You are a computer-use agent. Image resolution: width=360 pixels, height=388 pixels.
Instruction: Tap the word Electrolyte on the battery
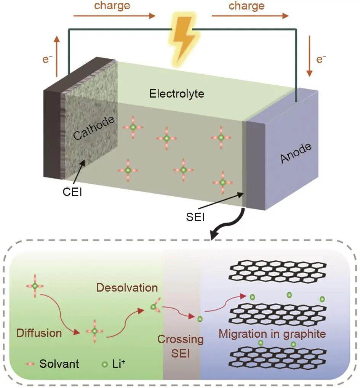tap(176, 93)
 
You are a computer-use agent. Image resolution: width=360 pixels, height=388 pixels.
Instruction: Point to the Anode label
tap(296, 153)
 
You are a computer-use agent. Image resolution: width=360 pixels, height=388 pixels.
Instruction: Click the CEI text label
tap(72, 192)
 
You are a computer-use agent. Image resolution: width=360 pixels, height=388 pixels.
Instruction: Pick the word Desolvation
tap(127, 287)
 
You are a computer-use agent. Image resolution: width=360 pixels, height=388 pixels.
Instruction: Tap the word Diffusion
tap(39, 333)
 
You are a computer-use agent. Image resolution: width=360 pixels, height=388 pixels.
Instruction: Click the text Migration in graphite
tap(272, 334)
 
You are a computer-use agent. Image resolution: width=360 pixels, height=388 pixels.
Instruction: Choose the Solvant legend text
tap(59, 364)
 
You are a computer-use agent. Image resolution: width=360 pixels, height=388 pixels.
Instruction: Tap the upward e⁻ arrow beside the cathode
tap(57, 54)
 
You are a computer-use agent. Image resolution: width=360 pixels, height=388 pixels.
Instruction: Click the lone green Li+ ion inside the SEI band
tap(199, 319)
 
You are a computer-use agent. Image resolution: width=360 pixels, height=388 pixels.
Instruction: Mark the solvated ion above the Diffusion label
tap(35, 285)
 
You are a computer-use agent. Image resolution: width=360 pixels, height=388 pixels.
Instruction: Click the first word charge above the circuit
tap(112, 6)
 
